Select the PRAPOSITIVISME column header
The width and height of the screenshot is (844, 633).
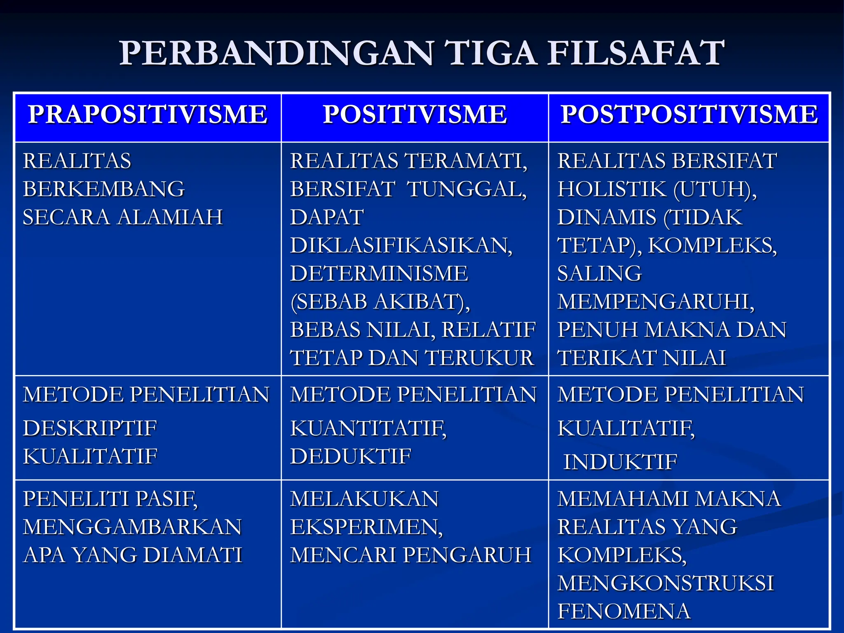(148, 115)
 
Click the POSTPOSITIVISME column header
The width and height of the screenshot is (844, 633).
(689, 115)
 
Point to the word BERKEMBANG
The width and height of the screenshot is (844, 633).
(104, 189)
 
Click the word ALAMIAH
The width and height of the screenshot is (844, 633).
(170, 217)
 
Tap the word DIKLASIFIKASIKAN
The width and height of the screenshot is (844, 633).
(401, 246)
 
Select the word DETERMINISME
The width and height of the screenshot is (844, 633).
(379, 274)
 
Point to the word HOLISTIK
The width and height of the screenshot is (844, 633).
(612, 189)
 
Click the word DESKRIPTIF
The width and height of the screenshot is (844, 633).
(90, 428)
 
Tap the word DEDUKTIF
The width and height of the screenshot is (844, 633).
(351, 456)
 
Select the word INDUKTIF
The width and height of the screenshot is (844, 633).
(620, 462)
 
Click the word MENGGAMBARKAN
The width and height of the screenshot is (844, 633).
(132, 527)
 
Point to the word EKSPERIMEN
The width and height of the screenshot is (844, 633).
(366, 527)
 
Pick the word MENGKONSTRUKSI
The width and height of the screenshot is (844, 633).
(666, 583)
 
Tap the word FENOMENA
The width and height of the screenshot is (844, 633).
(624, 611)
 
